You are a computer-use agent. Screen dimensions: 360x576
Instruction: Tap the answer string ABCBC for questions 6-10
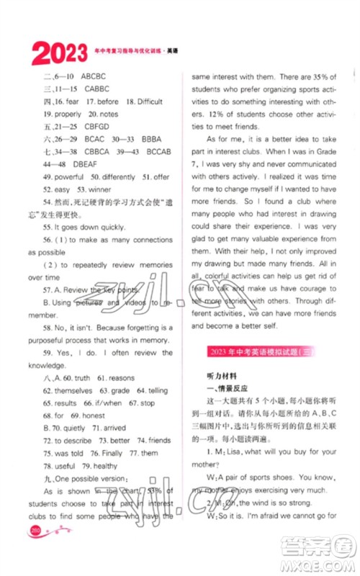click(94, 76)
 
